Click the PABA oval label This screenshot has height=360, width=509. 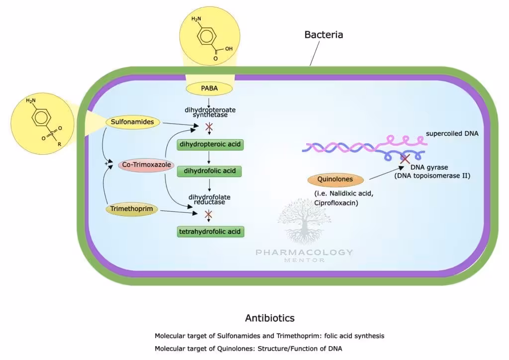209,89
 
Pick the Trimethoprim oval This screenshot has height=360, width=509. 132,209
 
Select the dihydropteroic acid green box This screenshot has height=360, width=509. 210,145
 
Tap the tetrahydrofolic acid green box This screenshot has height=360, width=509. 211,231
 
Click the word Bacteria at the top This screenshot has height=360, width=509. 324,35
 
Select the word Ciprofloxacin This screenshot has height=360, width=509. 336,203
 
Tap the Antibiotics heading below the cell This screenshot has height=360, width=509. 270,318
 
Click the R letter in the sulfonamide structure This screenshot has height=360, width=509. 60,144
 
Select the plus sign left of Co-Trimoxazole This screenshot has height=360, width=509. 105,163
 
